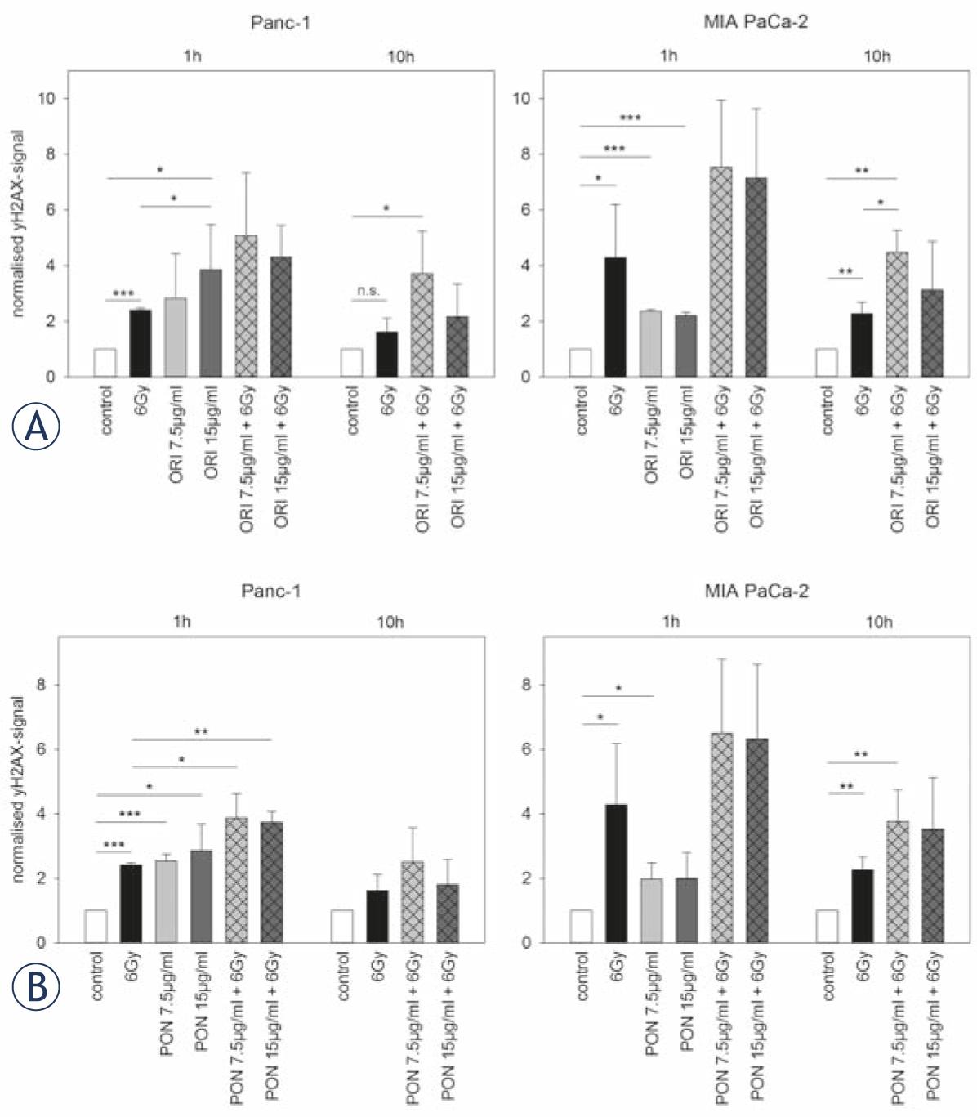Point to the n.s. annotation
(x=368, y=291)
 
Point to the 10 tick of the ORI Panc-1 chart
(x=50, y=99)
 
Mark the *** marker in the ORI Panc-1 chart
(x=123, y=293)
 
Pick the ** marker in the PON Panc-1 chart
(x=201, y=731)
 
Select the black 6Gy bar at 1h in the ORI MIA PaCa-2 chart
(x=616, y=317)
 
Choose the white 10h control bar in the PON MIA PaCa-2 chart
(x=827, y=927)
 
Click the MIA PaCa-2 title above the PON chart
(x=756, y=591)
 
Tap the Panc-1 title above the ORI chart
(x=279, y=23)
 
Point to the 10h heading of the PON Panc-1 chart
(x=390, y=623)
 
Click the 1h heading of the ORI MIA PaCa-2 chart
(x=669, y=56)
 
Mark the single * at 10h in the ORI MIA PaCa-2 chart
(x=881, y=203)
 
